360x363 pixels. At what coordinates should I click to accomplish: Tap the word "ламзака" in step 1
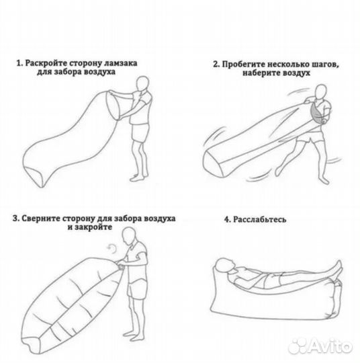123,64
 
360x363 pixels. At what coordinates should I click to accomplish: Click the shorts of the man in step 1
139,134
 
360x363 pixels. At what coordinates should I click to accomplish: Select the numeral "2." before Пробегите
217,65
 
